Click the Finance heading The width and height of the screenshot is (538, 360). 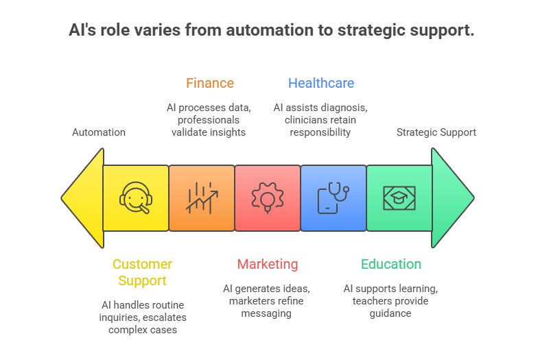coord(209,84)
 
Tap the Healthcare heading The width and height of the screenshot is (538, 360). coord(321,84)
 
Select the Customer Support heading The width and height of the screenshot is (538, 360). coord(142,272)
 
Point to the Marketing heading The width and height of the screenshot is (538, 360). coord(268,264)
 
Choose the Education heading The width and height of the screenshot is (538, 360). coord(391,264)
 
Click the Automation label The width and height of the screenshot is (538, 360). coord(99,132)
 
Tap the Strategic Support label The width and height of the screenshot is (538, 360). coord(436,132)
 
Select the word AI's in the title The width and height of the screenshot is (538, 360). coord(83,31)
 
